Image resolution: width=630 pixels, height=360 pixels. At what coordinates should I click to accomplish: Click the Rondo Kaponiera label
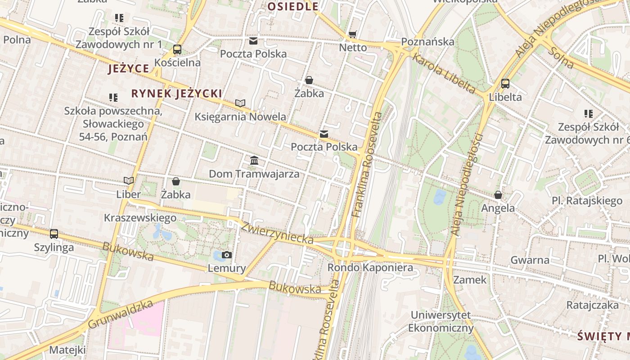(370, 268)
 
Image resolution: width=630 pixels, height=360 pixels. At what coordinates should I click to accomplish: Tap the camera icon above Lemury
(227, 255)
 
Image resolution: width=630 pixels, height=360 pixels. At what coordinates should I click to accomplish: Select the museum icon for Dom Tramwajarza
(254, 160)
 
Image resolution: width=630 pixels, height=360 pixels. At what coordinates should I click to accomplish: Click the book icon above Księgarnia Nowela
(240, 103)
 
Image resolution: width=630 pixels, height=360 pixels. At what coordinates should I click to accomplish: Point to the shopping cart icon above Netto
(353, 35)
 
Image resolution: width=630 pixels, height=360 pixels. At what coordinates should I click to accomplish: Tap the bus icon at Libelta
(505, 84)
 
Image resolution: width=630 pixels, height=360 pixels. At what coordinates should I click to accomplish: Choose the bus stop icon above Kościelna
(177, 49)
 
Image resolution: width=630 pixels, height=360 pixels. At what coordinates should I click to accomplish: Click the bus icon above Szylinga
(54, 234)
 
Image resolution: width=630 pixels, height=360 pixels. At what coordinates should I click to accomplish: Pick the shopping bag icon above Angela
(498, 195)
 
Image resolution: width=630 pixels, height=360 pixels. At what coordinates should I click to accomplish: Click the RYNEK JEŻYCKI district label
(176, 94)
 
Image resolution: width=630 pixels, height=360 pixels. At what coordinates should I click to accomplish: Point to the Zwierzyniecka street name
(277, 233)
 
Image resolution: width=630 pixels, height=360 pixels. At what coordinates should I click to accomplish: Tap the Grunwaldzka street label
(121, 314)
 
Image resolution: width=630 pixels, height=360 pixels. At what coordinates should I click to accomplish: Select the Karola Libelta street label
(444, 74)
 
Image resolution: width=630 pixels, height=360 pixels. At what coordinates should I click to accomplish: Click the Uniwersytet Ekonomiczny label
(441, 321)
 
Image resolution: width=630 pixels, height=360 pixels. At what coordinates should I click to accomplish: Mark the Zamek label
(470, 280)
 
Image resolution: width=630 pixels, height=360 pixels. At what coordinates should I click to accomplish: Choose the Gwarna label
(530, 260)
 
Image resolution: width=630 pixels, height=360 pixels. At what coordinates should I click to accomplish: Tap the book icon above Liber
(129, 181)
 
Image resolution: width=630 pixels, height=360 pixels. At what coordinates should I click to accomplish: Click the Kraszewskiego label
(140, 218)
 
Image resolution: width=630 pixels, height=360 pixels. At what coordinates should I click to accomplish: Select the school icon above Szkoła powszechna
(113, 97)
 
